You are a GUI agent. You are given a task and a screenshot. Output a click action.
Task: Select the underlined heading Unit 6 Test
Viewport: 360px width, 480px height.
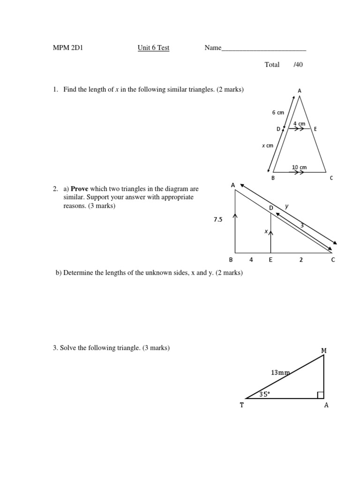(153, 48)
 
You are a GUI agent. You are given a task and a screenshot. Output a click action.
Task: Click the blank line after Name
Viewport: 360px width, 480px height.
(263, 48)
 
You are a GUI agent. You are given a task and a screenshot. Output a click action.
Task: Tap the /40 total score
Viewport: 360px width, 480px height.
(298, 65)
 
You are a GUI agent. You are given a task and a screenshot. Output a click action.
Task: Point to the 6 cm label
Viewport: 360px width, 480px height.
(278, 112)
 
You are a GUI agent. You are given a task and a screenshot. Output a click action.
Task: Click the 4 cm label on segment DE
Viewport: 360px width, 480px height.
(299, 124)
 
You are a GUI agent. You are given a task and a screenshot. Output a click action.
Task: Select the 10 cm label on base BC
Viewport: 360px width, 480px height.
(299, 167)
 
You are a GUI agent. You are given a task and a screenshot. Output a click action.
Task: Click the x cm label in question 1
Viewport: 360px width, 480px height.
(267, 146)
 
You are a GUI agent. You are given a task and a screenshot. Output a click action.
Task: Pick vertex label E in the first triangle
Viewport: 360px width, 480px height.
(315, 129)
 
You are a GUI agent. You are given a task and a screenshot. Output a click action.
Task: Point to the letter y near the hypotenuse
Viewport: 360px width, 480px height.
(287, 206)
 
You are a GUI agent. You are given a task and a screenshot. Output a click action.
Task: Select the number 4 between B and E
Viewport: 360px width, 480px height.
(251, 260)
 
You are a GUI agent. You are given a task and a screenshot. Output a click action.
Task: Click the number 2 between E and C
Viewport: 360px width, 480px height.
(301, 260)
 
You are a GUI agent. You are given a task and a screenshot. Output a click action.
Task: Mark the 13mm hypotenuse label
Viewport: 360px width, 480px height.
(280, 373)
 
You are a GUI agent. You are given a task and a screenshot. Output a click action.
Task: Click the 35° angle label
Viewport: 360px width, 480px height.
(265, 394)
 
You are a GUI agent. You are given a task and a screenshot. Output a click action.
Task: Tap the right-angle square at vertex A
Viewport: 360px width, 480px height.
(321, 395)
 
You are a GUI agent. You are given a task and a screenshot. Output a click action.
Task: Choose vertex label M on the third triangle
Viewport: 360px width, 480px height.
(323, 350)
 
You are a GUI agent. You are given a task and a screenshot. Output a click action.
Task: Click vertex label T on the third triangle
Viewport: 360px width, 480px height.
(242, 405)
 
